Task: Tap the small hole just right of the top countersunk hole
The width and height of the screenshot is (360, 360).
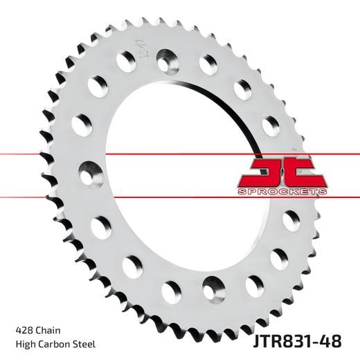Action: (206, 63)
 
